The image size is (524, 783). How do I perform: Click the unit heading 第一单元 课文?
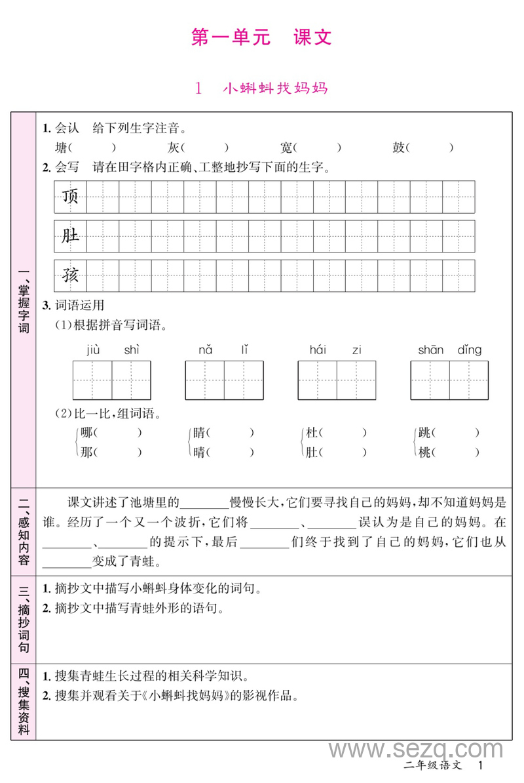(261, 37)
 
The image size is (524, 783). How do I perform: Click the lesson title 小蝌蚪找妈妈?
(274, 88)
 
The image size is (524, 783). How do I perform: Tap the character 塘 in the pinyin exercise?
(62, 148)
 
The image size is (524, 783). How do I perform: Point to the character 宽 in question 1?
(286, 148)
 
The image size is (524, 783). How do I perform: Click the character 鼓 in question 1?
(398, 148)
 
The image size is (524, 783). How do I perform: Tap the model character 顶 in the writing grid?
(70, 196)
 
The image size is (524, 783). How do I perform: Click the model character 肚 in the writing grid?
(70, 236)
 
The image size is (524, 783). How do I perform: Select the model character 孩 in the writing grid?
(70, 275)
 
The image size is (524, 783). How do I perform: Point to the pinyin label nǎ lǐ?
(223, 350)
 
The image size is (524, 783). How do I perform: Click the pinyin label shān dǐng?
(449, 350)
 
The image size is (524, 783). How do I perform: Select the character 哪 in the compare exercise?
(86, 433)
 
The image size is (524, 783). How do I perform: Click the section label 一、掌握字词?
(24, 301)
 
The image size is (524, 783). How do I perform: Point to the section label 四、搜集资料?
(24, 701)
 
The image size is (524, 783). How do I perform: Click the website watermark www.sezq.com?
(415, 750)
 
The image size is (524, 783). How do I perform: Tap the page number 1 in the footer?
(481, 765)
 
